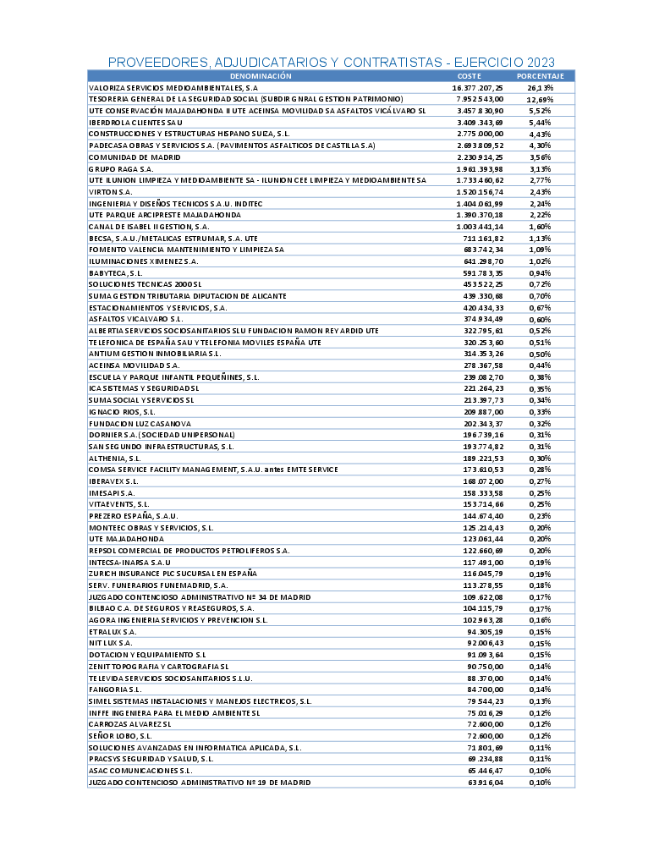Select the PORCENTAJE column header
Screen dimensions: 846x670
point(541,76)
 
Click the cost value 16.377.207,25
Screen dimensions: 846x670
point(478,87)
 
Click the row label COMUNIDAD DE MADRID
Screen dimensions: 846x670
point(131,157)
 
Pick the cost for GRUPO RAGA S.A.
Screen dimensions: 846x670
point(480,169)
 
